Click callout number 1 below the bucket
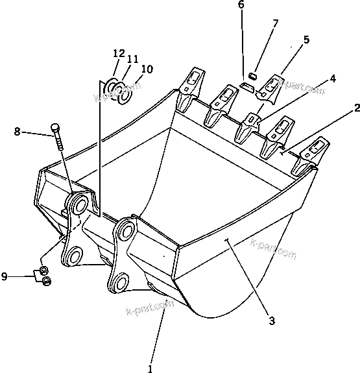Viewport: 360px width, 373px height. click(x=150, y=368)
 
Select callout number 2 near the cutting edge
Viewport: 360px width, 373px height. click(x=357, y=108)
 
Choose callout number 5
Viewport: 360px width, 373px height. click(x=306, y=40)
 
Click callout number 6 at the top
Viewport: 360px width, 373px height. click(x=241, y=5)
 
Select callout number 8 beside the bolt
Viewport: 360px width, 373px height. click(x=16, y=132)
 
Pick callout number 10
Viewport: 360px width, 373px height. click(x=147, y=68)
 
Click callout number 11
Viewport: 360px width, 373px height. click(x=132, y=59)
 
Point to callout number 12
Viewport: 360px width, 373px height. click(x=119, y=53)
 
